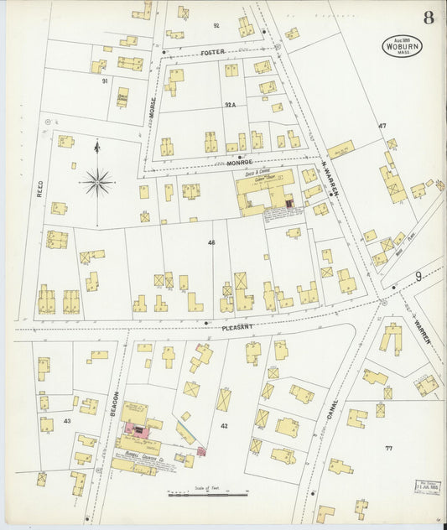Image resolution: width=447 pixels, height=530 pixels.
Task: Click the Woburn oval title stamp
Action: (x=403, y=45)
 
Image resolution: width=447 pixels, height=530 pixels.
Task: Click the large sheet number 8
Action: (x=429, y=17)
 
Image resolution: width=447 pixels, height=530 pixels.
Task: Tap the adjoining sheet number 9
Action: (x=417, y=276)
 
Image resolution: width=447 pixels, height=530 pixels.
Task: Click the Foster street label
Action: (x=213, y=52)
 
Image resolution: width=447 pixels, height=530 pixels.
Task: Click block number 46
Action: (x=212, y=242)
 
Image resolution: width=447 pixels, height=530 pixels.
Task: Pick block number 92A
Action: (x=229, y=105)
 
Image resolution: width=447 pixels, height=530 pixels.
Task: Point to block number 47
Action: (x=382, y=126)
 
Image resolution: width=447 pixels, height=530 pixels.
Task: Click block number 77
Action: (x=388, y=449)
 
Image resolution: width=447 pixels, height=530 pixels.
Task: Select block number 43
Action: (x=66, y=420)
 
